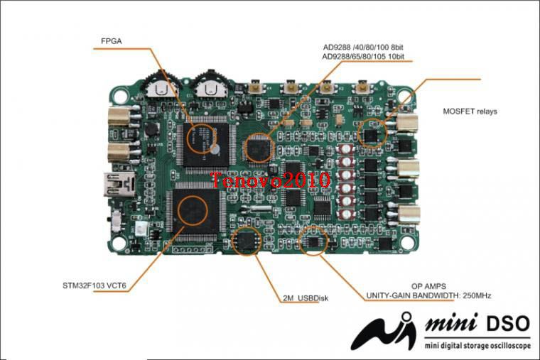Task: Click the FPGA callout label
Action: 112,41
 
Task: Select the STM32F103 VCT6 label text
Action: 94,285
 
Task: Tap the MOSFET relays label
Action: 470,111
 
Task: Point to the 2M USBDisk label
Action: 306,298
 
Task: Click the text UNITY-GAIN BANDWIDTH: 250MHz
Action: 428,295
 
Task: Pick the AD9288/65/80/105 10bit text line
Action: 363,56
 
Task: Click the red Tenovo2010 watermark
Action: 270,180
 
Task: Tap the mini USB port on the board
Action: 119,184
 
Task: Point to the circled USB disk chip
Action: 247,241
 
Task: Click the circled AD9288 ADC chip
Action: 258,148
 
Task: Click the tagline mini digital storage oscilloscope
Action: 477,346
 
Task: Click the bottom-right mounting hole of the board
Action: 408,242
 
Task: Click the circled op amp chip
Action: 313,241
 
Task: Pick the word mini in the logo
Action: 452,323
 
